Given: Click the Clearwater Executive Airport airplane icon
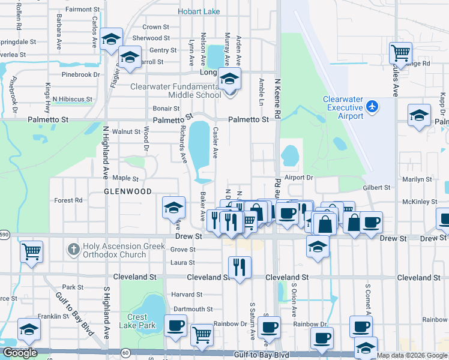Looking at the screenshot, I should [373, 106].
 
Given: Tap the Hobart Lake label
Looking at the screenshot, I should [199, 11].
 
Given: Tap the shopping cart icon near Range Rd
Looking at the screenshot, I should [400, 53].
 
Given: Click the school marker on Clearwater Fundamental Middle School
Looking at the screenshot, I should [229, 79].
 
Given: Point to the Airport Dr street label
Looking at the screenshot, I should [299, 178].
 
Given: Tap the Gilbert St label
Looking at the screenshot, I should [377, 188].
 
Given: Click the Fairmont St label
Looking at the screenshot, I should [82, 10].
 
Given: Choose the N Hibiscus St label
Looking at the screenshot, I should [72, 99].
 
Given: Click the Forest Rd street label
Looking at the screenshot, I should [68, 200].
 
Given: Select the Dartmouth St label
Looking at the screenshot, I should [192, 309].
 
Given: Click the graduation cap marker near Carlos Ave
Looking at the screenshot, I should [110, 40].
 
